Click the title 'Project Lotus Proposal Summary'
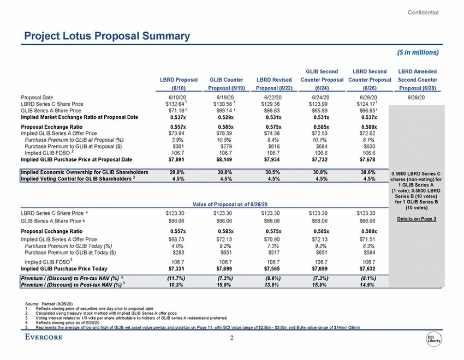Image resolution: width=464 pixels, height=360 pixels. [104, 36]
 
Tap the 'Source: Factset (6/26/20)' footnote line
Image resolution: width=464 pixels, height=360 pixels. [52, 302]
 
